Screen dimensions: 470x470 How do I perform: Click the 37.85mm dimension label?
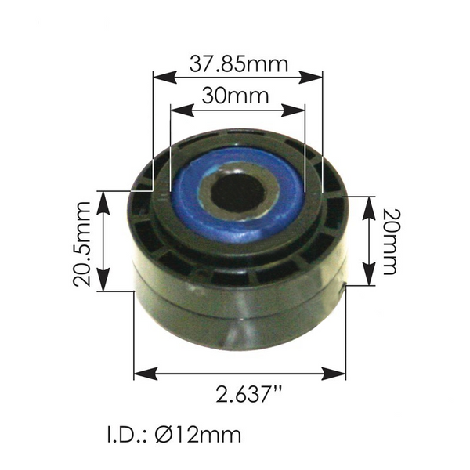tap(238, 63)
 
